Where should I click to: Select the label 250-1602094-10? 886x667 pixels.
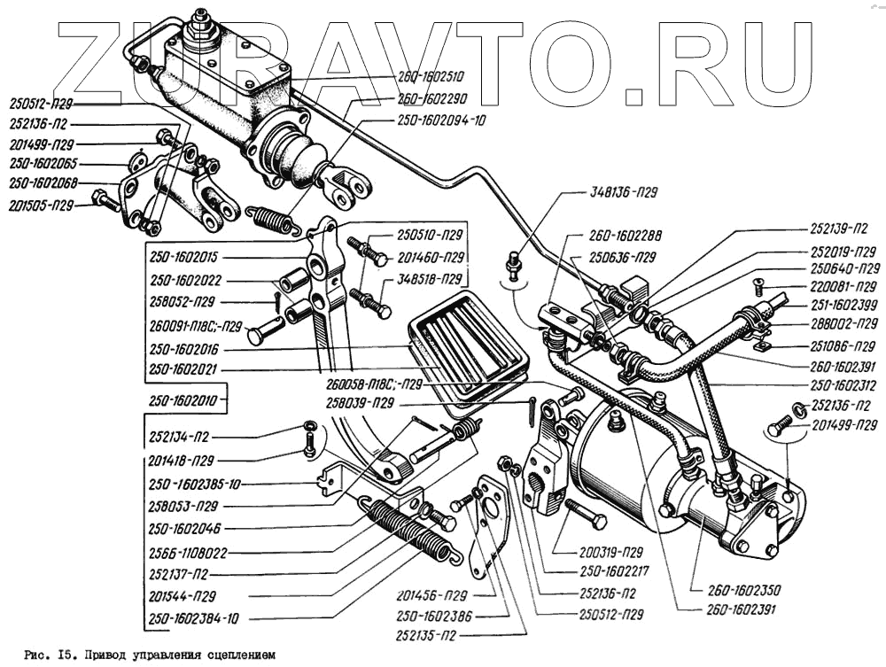pos(441,118)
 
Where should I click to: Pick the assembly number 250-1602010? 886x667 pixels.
pos(183,400)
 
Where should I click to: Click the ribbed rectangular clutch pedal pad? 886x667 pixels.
pos(467,350)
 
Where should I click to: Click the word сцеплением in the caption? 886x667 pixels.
pos(238,656)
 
